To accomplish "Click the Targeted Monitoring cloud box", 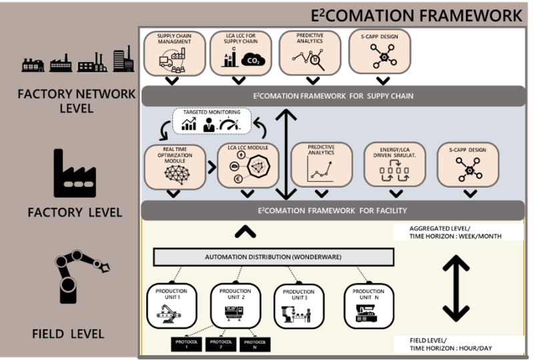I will click(x=211, y=122).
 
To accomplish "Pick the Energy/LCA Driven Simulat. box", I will click(x=395, y=165).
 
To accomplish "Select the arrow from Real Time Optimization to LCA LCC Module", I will click(x=208, y=164).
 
